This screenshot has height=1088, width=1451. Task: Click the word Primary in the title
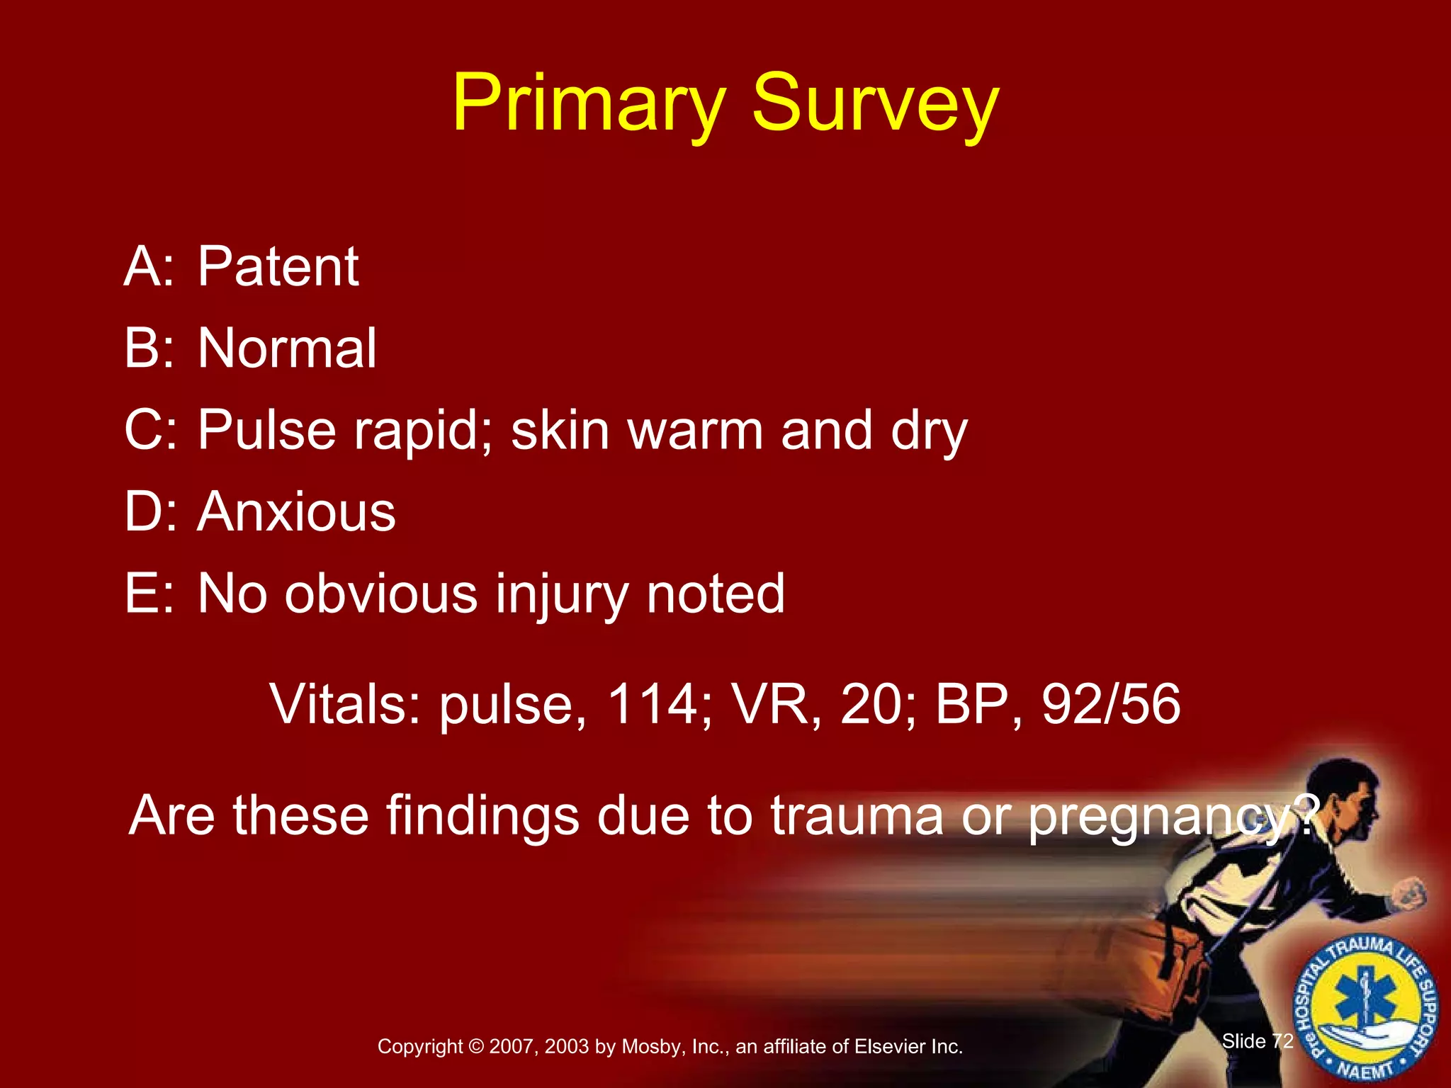tap(588, 103)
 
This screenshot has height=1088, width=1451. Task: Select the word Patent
tap(278, 266)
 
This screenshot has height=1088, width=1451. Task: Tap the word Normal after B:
tap(287, 348)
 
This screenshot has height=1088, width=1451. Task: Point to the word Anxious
tap(296, 511)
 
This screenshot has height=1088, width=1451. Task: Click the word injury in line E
tap(562, 594)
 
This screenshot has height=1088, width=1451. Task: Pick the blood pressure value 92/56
tap(1110, 704)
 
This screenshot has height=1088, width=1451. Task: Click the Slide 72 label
tap(1258, 1041)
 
